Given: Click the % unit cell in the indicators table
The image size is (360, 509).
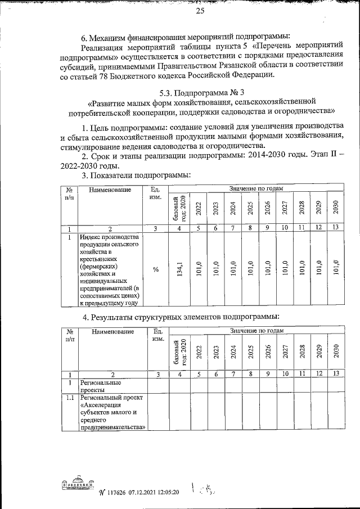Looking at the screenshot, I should coord(156,270).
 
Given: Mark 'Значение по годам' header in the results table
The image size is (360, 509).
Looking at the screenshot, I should coord(256,331).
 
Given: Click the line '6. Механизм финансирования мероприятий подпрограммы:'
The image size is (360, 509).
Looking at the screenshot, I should coord(186,38).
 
